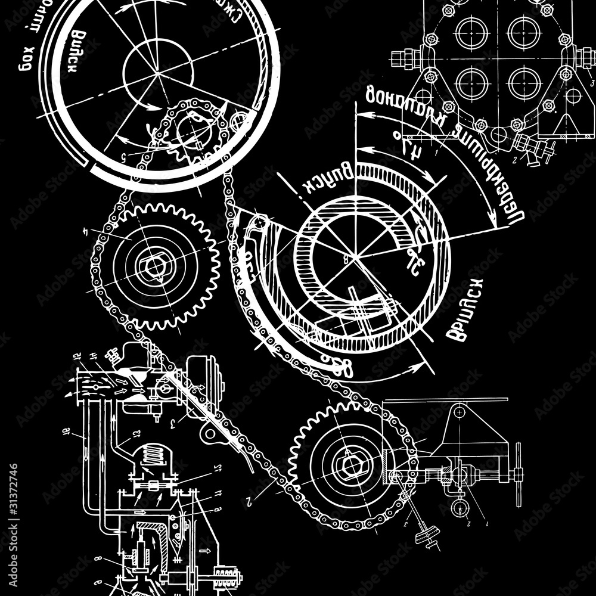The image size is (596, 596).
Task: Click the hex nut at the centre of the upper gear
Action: coord(154,266)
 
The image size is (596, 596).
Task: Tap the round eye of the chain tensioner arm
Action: coord(257,223)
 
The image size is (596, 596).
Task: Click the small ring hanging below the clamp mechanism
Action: coord(458,508)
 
